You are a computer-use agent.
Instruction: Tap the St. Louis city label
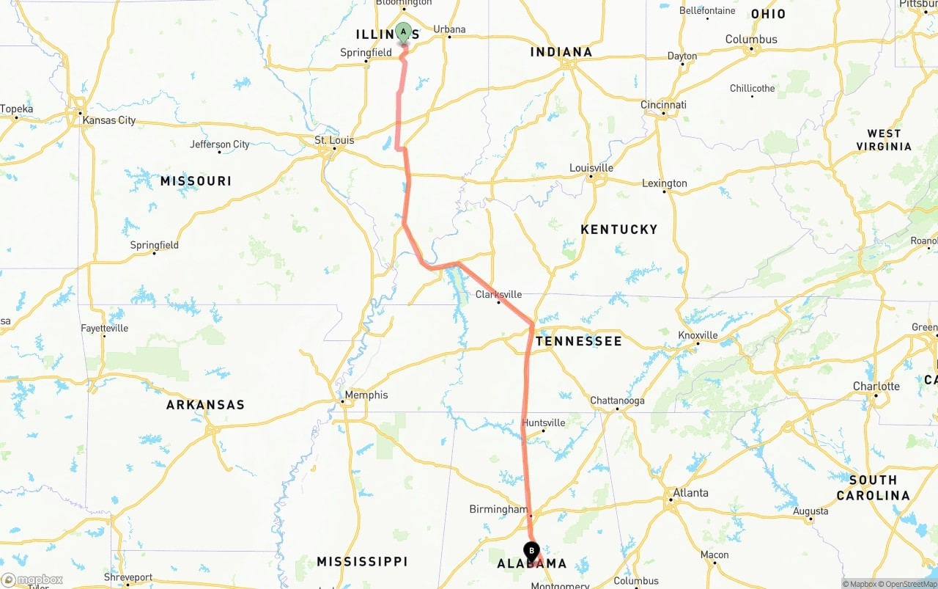click(334, 140)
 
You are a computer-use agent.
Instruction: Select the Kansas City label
click(108, 120)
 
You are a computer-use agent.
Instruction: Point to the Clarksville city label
click(498, 295)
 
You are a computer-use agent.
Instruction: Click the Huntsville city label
click(543, 423)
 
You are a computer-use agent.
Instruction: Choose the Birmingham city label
click(498, 510)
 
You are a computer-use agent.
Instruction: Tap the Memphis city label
click(366, 395)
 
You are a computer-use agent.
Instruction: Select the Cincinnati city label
click(663, 106)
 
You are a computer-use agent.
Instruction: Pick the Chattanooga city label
click(617, 401)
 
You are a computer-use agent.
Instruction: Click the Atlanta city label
click(690, 493)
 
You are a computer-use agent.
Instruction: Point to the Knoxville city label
click(697, 335)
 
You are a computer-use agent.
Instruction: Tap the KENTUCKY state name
click(619, 230)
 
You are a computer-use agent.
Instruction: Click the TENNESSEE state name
click(579, 341)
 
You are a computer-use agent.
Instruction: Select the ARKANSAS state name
click(205, 405)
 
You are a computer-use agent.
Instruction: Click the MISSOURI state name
click(196, 181)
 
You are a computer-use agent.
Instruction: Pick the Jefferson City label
click(220, 144)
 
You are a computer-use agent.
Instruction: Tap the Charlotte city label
click(876, 387)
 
